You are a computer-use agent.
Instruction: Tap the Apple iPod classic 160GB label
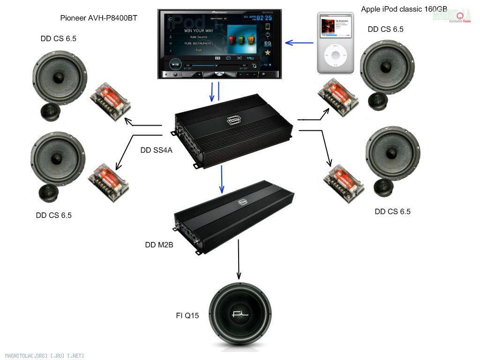(x=404, y=9)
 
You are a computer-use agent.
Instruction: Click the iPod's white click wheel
(x=336, y=56)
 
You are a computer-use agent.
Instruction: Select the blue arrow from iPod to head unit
(x=299, y=43)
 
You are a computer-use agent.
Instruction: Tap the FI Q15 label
(x=187, y=315)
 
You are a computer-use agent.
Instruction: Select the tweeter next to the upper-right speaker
(x=378, y=101)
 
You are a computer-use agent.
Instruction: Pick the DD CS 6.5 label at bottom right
(x=392, y=211)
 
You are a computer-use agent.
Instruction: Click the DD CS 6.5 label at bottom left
(x=54, y=215)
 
